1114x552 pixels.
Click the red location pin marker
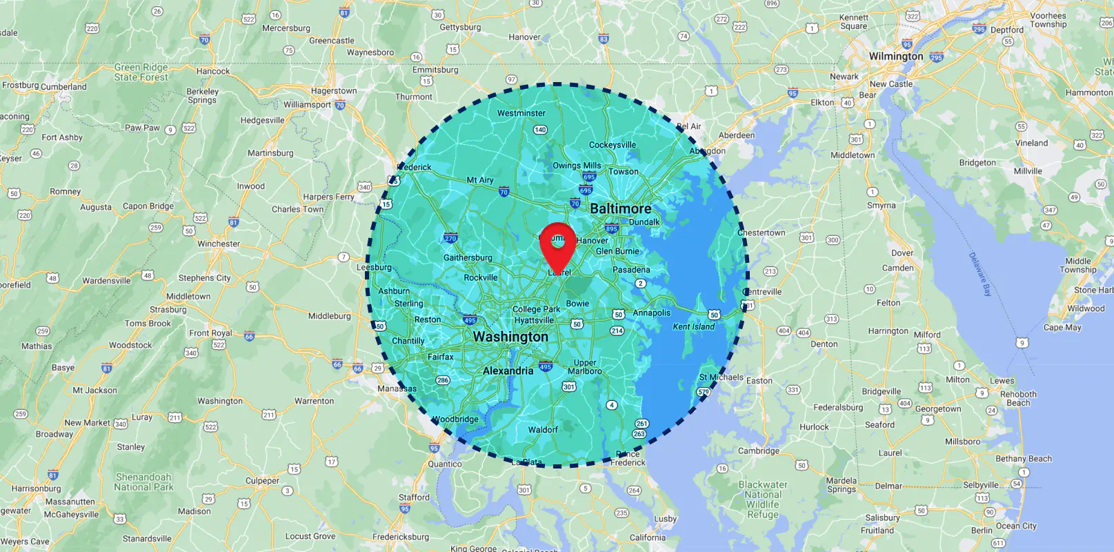coord(557,245)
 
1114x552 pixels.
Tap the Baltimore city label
coord(620,208)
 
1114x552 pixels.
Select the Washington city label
coord(510,337)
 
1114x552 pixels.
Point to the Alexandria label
coord(508,371)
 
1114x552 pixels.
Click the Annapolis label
coord(651,313)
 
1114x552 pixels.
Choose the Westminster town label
coord(521,113)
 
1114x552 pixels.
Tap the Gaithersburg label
coord(468,257)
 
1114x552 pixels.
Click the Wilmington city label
coord(895,57)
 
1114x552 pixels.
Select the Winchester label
coord(219,244)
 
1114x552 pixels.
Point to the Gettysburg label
coord(460,28)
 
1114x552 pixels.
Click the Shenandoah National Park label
coord(143,482)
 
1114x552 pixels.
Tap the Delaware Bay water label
coord(979,274)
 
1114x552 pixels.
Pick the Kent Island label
coord(693,326)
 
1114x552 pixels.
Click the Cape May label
coord(1062,327)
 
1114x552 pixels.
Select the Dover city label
coord(902,253)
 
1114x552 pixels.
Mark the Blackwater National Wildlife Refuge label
coord(762,499)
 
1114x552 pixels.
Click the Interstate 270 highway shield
coord(450,239)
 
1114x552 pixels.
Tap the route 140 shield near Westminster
coord(540,130)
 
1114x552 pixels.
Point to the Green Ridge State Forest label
coord(141,72)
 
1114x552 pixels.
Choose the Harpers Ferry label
coord(328,197)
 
